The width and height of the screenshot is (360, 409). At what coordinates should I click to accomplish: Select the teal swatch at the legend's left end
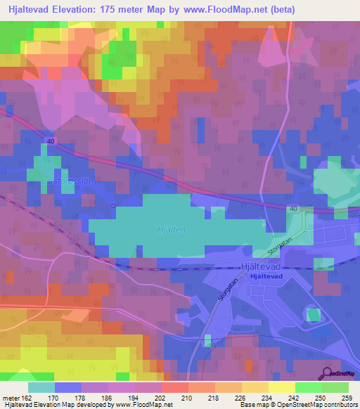pyautogui.click(x=41, y=387)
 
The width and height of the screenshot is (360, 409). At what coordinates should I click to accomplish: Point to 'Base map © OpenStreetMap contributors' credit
pyautogui.click(x=298, y=405)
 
